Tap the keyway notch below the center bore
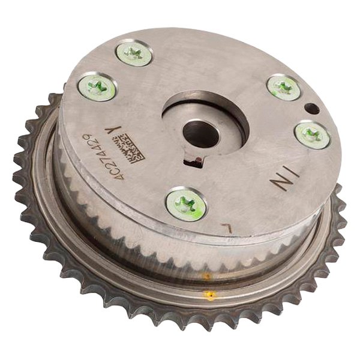point(195,161)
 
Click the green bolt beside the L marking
point(185,204)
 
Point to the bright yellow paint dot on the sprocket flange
point(209,295)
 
